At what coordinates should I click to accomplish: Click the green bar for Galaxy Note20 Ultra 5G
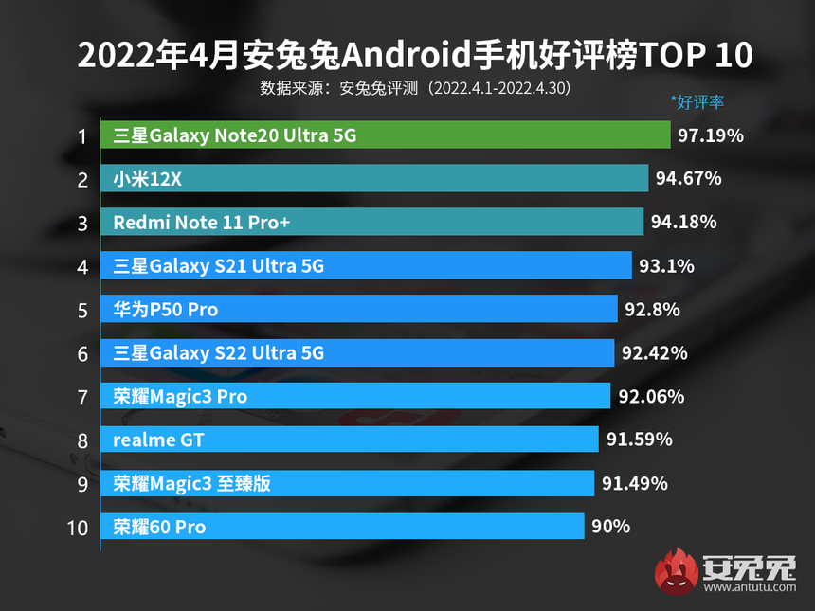pos(385,135)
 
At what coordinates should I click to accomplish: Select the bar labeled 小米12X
pos(374,178)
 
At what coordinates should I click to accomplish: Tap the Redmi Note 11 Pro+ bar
pos(371,222)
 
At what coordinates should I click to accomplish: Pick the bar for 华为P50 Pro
pos(361,309)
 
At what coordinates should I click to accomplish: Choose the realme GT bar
pos(350,440)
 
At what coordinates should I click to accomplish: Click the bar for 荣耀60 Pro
pos(342,527)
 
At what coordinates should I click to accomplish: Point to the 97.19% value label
pos(710,135)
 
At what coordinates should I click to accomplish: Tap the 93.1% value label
pos(667,266)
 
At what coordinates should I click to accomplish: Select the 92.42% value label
pos(654,353)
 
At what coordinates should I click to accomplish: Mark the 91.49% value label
pos(634,483)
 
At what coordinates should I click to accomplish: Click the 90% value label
pos(610,527)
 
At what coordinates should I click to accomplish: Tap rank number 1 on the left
pos(82,135)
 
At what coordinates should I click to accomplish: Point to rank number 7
pos(82,397)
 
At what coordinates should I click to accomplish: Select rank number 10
pos(80,528)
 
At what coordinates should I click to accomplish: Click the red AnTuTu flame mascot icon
pos(675,572)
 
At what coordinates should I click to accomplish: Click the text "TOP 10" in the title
pos(697,55)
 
